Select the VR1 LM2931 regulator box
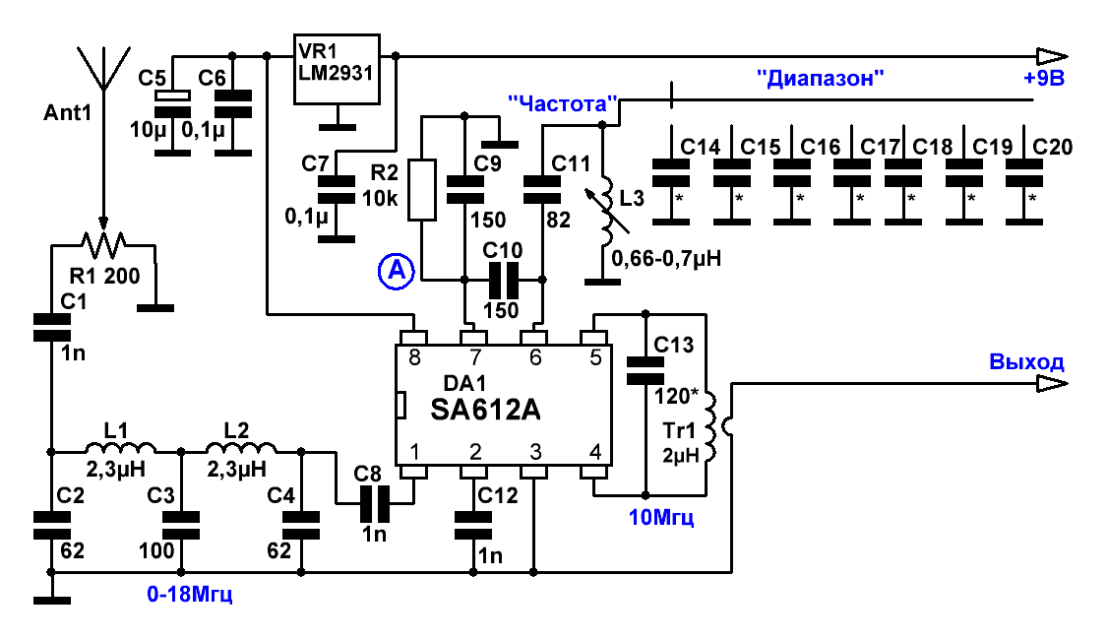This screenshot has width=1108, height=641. pyautogui.click(x=338, y=69)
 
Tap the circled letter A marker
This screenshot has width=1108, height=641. pyautogui.click(x=396, y=272)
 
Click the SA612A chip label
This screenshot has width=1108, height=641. pyautogui.click(x=485, y=410)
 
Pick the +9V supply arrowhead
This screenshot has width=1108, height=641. pyautogui.click(x=1052, y=56)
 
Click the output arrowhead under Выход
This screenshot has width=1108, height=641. pyautogui.click(x=1052, y=384)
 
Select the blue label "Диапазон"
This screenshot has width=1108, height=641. pyautogui.click(x=821, y=78)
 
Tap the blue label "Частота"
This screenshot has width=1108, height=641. pyautogui.click(x=563, y=104)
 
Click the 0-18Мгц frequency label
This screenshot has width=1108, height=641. pyautogui.click(x=189, y=595)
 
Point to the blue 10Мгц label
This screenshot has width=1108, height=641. pyautogui.click(x=661, y=517)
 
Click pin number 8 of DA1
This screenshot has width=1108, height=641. pyautogui.click(x=414, y=358)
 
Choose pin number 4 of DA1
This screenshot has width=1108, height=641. pyautogui.click(x=595, y=452)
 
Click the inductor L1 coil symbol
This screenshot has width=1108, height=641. pyautogui.click(x=120, y=447)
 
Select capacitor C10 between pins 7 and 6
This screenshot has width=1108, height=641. pyautogui.click(x=503, y=281)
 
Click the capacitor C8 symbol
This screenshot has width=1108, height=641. pyautogui.click(x=375, y=503)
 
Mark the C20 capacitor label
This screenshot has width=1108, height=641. pyautogui.click(x=1052, y=147)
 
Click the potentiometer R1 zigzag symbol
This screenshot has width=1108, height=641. pyautogui.click(x=104, y=244)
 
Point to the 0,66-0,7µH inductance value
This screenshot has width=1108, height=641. pyautogui.click(x=666, y=259)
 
